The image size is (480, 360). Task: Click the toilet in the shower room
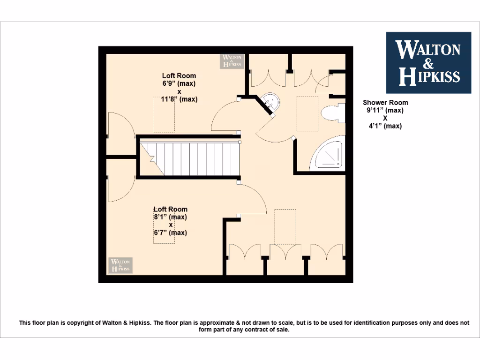[x=333, y=113]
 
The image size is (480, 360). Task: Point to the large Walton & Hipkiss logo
[x=428, y=63]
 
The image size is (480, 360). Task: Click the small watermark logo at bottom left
[x=120, y=265]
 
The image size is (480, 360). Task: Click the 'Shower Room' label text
[x=385, y=102]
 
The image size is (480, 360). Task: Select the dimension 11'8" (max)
[x=179, y=99]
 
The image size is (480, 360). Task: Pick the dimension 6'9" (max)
[x=179, y=83]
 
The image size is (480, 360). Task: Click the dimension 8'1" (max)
[x=171, y=217]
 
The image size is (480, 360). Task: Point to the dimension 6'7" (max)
[x=171, y=232]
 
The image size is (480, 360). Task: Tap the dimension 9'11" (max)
[x=385, y=110]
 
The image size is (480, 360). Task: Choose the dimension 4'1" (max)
[x=385, y=126]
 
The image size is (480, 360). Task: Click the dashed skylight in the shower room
[x=307, y=114]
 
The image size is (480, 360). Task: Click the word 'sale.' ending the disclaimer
[x=282, y=330]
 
